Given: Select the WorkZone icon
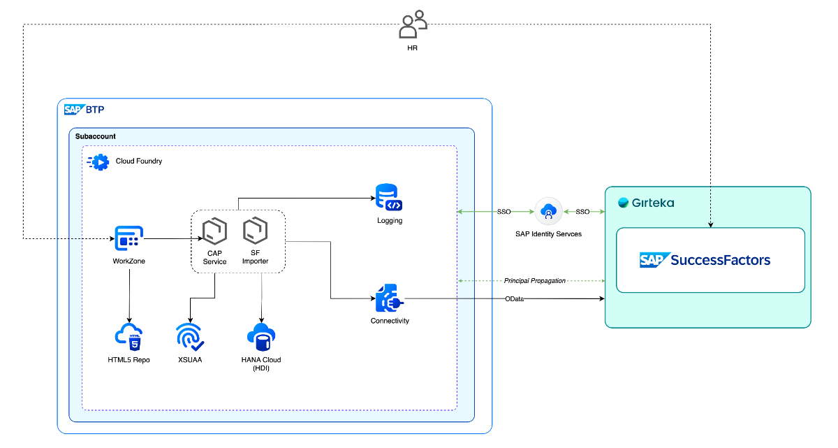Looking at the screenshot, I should pyautogui.click(x=129, y=239).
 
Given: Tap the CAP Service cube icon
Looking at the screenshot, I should pyautogui.click(x=214, y=230).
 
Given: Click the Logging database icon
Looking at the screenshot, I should pyautogui.click(x=389, y=198).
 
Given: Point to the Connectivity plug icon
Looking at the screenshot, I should pyautogui.click(x=389, y=298).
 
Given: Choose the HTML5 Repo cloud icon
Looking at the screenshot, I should pyautogui.click(x=129, y=338).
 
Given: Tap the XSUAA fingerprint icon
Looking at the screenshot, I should pyautogui.click(x=189, y=336).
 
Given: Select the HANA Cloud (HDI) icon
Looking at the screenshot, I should pyautogui.click(x=261, y=337).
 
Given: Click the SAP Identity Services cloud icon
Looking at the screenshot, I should pyautogui.click(x=548, y=211).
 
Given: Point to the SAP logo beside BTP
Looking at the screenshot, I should pyautogui.click(x=74, y=110).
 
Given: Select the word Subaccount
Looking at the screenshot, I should pyautogui.click(x=96, y=136).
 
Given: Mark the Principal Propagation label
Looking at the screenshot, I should pyautogui.click(x=534, y=281).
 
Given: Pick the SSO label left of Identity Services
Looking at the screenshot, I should pyautogui.click(x=503, y=211).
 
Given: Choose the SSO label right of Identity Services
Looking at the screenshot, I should pyautogui.click(x=582, y=211).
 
